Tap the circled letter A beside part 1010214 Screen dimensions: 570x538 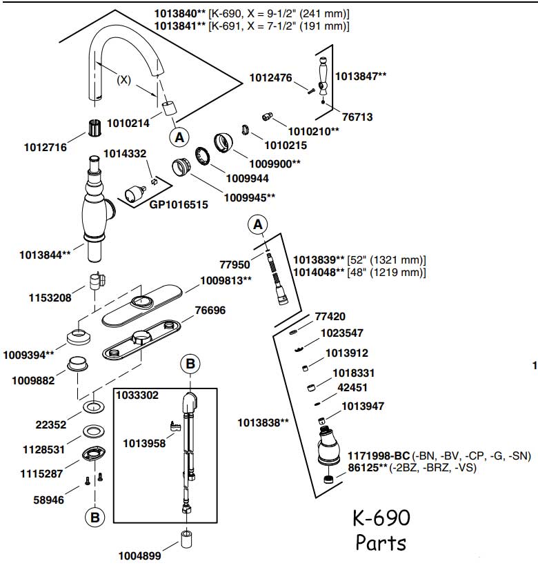179,137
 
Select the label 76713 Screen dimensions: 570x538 357,117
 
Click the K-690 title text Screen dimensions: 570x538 381,518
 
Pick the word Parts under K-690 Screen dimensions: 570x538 381,542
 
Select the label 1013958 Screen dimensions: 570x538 144,443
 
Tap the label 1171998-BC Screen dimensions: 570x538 379,455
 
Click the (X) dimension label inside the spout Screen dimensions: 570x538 123,79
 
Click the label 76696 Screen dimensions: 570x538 210,311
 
